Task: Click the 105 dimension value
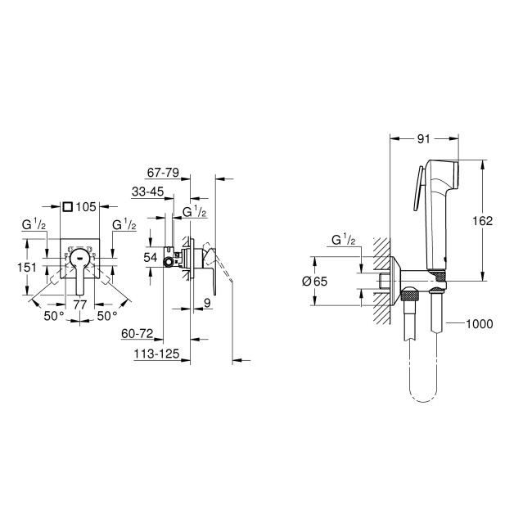click(x=88, y=206)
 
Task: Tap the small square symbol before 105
click(x=69, y=206)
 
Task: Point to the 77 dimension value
click(x=80, y=304)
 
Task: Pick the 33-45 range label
click(x=147, y=192)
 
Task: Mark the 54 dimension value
click(x=150, y=256)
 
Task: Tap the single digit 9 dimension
click(x=207, y=304)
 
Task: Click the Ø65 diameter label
click(x=314, y=282)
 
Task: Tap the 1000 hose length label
click(x=480, y=324)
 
